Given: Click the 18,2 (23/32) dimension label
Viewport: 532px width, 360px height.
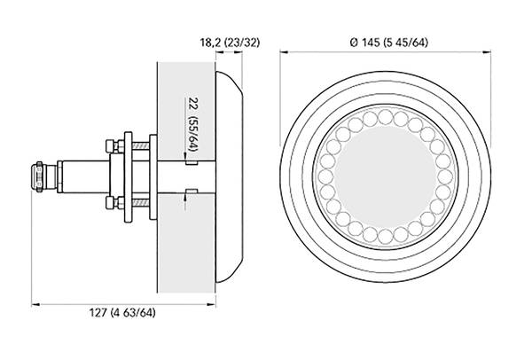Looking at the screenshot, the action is (230, 43).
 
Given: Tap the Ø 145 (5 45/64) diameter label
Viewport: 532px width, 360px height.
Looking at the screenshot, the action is (389, 43).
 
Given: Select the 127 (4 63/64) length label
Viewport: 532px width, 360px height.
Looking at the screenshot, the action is (122, 312).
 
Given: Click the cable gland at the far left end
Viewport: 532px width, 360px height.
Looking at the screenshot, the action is (38, 176).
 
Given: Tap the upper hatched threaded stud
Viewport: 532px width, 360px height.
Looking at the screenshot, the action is (140, 146).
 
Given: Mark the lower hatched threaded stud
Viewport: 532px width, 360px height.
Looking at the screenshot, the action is (140, 203).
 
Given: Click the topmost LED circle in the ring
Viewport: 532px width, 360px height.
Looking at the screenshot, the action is (385, 117).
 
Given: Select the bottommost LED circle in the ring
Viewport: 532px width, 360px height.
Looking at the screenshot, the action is (385, 236).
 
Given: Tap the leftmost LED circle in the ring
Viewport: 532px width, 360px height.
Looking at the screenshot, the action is (325, 176).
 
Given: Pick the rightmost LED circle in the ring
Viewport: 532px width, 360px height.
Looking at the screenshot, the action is (445, 176).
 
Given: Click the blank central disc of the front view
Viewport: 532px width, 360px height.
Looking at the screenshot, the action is (385, 176).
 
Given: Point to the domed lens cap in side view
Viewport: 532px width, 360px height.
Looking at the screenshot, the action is (229, 176).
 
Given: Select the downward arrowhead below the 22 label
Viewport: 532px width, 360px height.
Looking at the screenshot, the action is (185, 156).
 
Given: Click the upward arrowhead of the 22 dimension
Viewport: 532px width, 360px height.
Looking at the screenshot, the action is (185, 197).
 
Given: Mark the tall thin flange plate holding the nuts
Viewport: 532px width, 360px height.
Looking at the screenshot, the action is (128, 176).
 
